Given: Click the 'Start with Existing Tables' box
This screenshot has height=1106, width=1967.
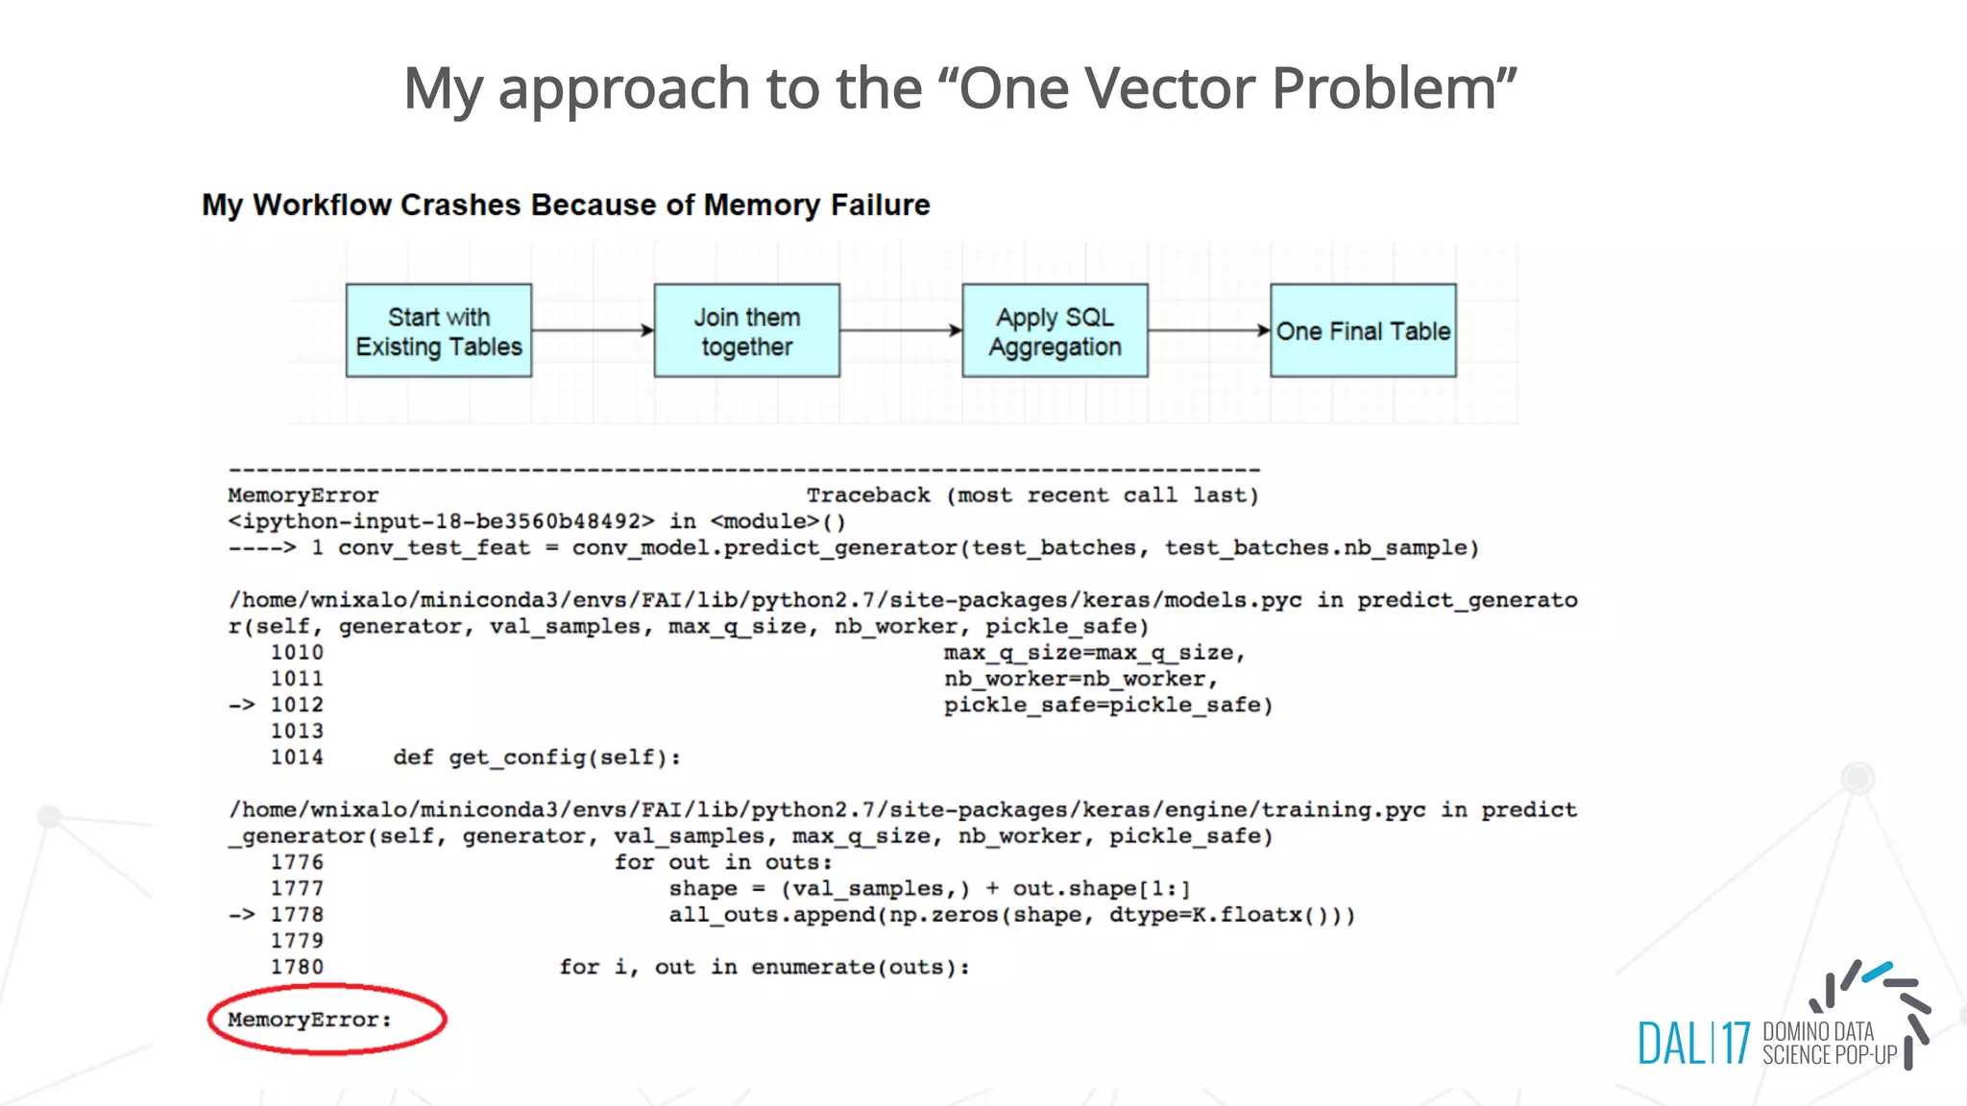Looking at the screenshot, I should pos(439,331).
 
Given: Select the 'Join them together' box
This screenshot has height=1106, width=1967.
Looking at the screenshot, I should pos(747,331).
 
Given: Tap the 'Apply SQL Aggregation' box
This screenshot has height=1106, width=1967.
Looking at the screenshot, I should pos(1055,331).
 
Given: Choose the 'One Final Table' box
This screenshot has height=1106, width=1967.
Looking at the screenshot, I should pos(1363,331).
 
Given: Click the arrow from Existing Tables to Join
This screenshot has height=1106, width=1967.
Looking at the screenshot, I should pos(593,330).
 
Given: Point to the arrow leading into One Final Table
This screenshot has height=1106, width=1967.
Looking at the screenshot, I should pos(1209,330).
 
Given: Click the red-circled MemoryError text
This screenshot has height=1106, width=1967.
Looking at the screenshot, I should pos(310,1020).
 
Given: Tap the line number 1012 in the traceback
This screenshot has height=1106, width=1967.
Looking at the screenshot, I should pos(297,705).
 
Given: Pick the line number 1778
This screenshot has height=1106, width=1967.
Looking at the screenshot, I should pos(297,914).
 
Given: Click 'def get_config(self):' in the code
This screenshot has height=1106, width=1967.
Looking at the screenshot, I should pos(537,757).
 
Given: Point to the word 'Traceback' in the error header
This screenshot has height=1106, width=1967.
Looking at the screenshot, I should pos(868,495).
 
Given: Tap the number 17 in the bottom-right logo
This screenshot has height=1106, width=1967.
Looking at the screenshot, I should pos(1736,1044).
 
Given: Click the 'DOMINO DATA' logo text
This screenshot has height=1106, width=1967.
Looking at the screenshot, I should pos(1818,1032).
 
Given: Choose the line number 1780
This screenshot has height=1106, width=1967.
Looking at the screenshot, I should pos(297,967).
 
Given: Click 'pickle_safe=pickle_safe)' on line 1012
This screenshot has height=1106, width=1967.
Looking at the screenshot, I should pos(1108,705).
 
